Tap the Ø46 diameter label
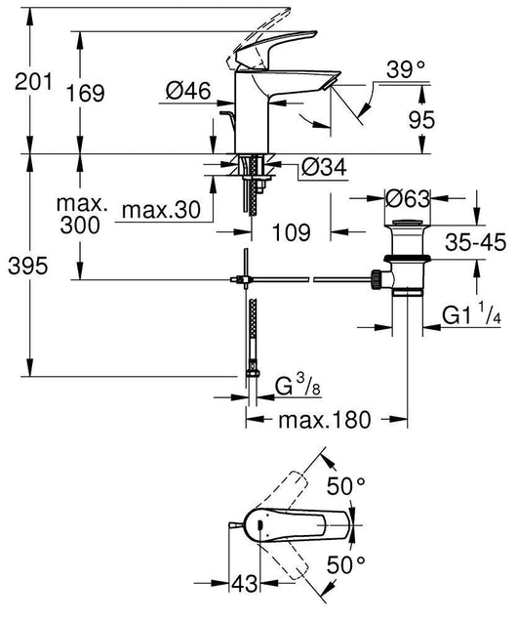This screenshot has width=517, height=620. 188,92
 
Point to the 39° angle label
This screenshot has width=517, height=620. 406,70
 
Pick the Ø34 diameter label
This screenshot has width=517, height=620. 323,168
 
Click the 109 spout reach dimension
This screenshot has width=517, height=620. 290,232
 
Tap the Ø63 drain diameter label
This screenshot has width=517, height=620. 410,199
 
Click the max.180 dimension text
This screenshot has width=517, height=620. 325,421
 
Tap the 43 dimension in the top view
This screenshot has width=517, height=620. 248,585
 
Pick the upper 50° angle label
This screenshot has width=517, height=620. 348,485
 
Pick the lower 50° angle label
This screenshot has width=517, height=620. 348,564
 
